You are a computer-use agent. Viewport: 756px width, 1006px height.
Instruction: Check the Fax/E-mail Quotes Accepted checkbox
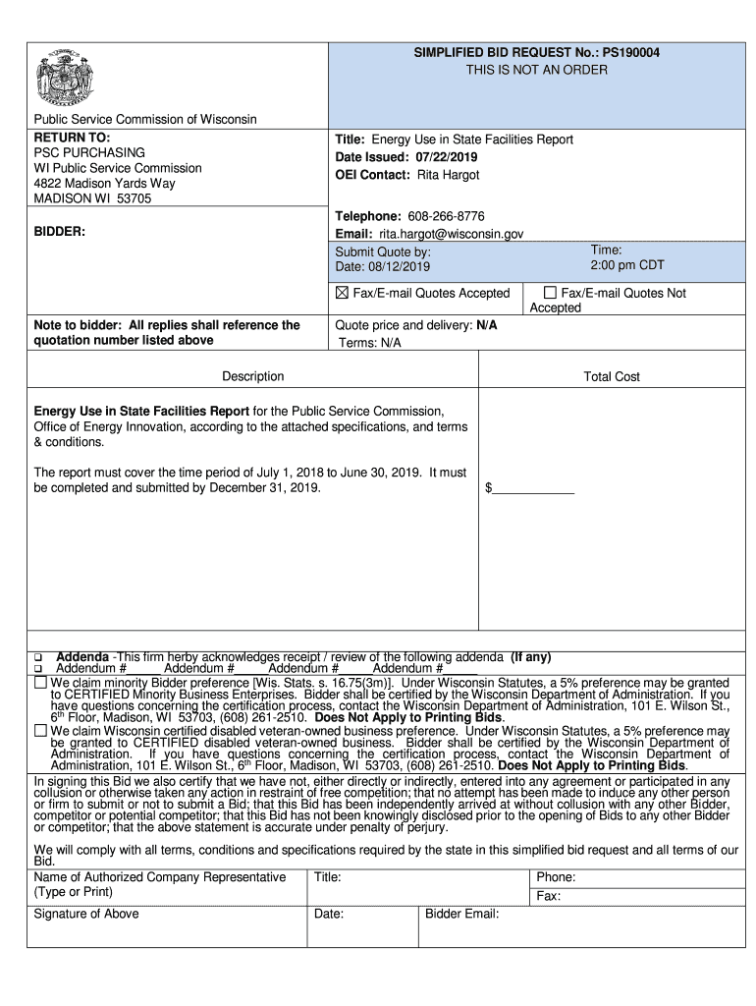point(343,293)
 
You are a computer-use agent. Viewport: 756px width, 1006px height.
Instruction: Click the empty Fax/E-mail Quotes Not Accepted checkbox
point(550,293)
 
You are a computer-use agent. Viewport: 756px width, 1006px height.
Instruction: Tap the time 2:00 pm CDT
point(627,266)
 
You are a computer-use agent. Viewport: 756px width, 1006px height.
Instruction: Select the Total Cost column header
point(612,376)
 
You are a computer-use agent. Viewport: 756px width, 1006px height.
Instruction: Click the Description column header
point(253,376)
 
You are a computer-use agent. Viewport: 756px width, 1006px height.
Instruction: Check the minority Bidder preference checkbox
point(40,682)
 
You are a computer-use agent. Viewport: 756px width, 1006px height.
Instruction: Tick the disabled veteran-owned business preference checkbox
point(40,730)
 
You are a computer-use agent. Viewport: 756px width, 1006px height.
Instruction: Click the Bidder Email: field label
point(462,914)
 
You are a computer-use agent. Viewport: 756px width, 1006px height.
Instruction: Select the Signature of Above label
point(86,914)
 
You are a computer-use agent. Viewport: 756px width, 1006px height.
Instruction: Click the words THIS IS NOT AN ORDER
point(536,70)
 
